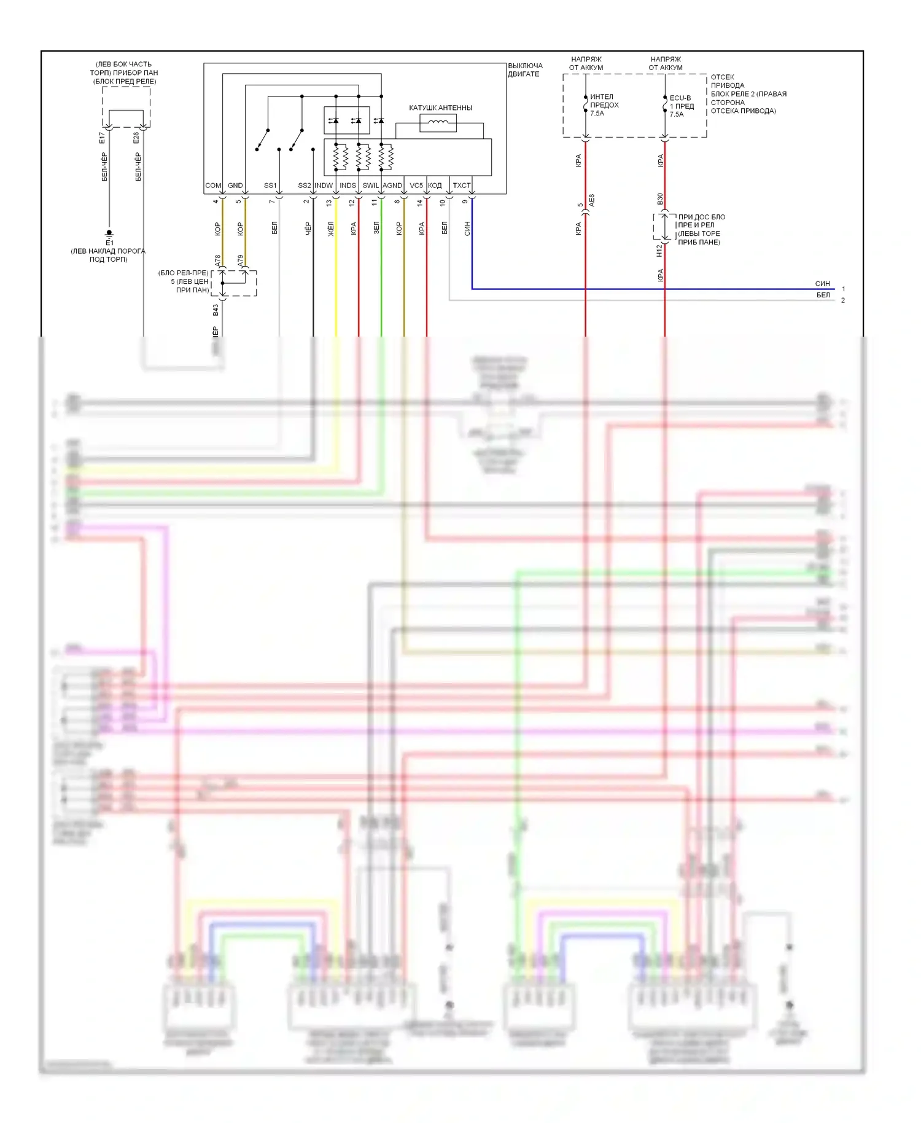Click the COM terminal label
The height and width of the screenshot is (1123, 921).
click(x=213, y=186)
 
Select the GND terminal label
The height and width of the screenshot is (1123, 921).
click(x=235, y=186)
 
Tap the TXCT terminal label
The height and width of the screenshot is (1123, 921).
click(x=462, y=186)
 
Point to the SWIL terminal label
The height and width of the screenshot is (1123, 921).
click(x=370, y=186)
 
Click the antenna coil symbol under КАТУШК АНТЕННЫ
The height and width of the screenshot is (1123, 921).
click(x=438, y=123)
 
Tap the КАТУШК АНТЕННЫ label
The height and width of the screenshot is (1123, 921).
click(x=440, y=108)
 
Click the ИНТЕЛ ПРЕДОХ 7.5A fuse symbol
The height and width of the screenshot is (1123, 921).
click(x=586, y=104)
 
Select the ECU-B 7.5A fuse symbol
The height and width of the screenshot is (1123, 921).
click(x=665, y=105)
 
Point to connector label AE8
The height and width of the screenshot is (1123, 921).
click(x=592, y=200)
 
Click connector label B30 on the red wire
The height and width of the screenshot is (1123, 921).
click(x=660, y=199)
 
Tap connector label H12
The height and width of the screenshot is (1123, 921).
click(x=659, y=251)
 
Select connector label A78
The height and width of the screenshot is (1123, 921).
click(x=217, y=260)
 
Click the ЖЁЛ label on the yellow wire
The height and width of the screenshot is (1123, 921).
click(x=331, y=229)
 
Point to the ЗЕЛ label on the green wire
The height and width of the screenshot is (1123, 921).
click(x=376, y=228)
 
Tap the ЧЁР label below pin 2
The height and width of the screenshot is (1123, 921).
click(x=308, y=229)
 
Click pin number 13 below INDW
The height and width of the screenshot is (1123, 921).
click(x=329, y=202)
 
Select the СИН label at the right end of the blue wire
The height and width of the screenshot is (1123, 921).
click(x=822, y=284)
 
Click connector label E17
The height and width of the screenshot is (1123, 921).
click(x=103, y=138)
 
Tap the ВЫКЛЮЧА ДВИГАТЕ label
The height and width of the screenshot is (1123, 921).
click(x=525, y=70)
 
